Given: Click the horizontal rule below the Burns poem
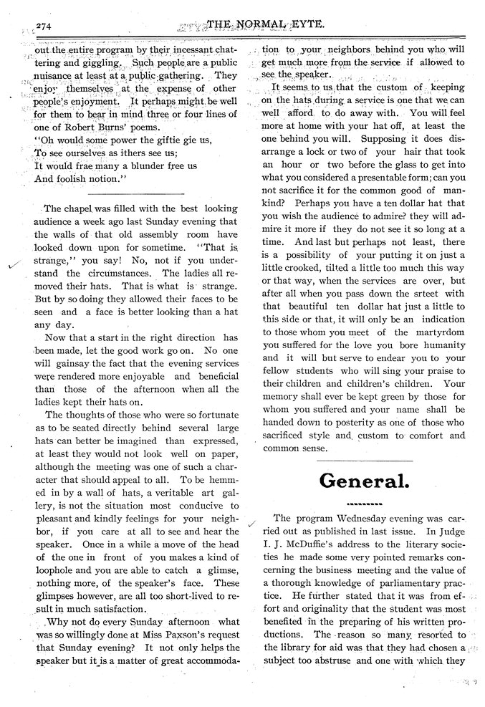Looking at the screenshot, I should (x=134, y=193).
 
